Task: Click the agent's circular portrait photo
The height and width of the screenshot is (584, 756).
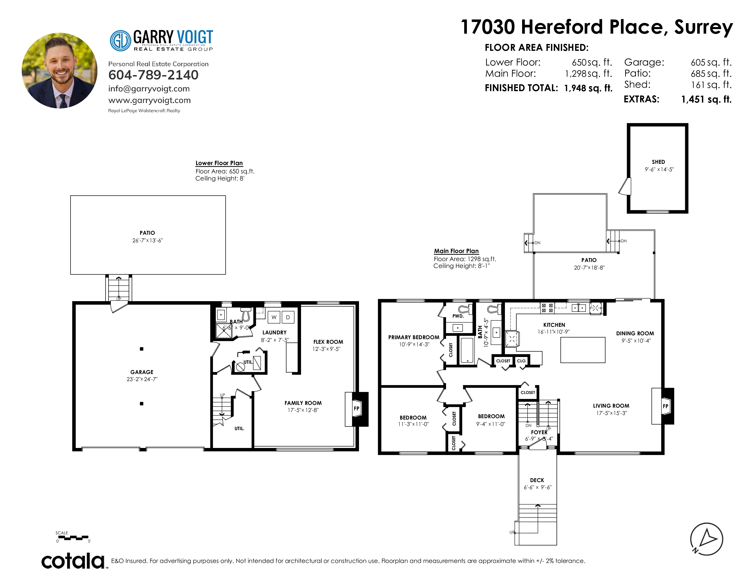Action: (x=60, y=71)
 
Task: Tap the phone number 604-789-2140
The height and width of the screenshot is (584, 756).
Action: (x=153, y=75)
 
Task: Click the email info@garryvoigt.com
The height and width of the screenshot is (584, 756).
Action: (x=149, y=89)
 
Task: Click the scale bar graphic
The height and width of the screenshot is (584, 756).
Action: (x=73, y=538)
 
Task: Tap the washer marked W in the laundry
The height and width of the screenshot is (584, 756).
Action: (x=274, y=317)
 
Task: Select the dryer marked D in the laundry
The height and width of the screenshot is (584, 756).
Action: (x=288, y=317)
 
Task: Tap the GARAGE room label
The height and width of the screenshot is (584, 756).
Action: (x=142, y=372)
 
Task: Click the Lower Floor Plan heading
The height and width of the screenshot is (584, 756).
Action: (x=219, y=163)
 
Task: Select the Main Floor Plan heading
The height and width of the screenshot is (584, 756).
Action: (x=456, y=251)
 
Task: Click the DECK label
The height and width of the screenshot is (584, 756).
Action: (x=537, y=480)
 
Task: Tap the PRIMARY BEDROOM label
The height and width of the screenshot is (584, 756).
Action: (x=414, y=337)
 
